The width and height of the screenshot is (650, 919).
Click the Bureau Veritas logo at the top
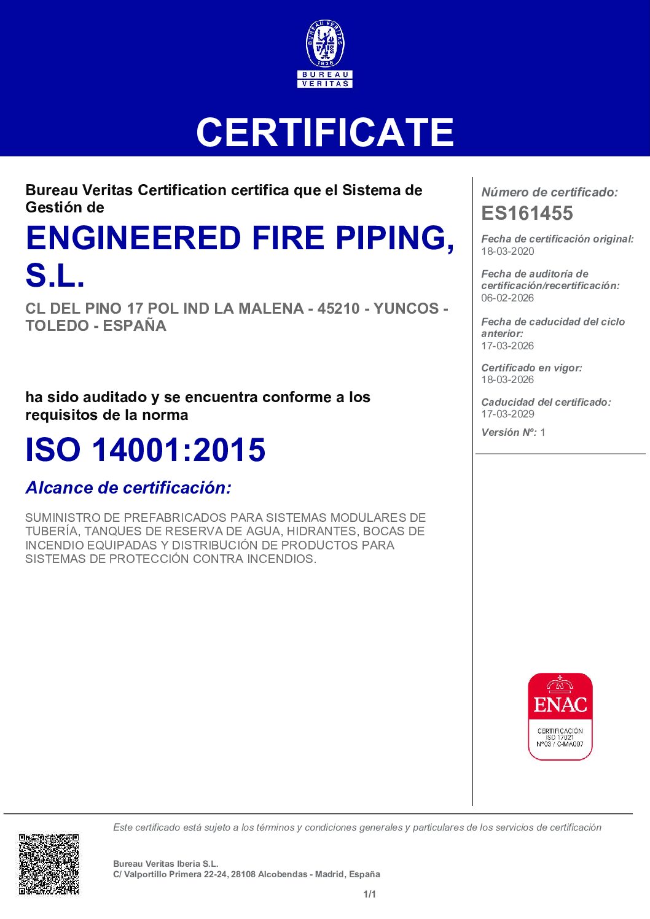(325, 54)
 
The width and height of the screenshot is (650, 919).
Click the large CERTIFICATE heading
(325, 133)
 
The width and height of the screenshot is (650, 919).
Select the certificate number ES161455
(527, 213)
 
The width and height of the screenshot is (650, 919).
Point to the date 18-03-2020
(507, 251)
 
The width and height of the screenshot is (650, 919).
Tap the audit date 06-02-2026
(507, 298)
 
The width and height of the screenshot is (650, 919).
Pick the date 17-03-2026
(507, 346)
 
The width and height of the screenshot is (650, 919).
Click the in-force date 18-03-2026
(507, 379)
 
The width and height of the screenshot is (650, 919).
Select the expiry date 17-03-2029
(507, 414)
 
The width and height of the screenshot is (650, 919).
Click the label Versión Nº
(509, 432)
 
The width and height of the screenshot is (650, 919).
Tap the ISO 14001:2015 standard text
(146, 450)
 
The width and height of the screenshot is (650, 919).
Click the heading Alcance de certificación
(128, 488)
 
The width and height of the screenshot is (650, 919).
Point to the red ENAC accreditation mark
(560, 716)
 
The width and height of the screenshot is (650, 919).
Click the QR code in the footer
(49, 864)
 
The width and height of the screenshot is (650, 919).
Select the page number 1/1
(370, 894)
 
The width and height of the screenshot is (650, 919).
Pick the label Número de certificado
(549, 192)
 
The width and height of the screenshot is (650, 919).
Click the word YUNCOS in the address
(405, 308)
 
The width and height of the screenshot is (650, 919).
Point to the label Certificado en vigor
(531, 368)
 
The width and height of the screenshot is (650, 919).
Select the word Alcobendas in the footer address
(284, 874)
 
